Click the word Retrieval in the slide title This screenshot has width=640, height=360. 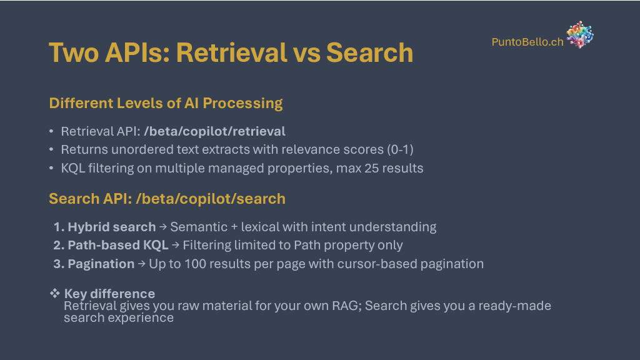click(x=232, y=52)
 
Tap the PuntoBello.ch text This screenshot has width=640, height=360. click(x=527, y=42)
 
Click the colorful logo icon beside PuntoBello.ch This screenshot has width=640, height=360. click(x=580, y=35)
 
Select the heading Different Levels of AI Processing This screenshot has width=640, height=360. click(x=166, y=103)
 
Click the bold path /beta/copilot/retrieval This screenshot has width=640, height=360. click(x=215, y=131)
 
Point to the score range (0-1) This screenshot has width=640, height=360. click(x=400, y=149)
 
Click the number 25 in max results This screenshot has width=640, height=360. click(x=371, y=168)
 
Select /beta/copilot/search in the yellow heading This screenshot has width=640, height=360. click(x=211, y=199)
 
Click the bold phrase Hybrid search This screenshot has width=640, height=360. click(x=112, y=227)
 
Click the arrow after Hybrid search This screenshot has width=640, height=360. click(x=163, y=226)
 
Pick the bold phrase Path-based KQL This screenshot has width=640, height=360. click(x=118, y=245)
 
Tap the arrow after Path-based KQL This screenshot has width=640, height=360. click(x=176, y=245)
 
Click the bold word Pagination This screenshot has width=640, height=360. click(x=101, y=264)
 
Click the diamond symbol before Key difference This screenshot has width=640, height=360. click(x=55, y=292)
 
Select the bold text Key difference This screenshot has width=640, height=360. click(x=109, y=294)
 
